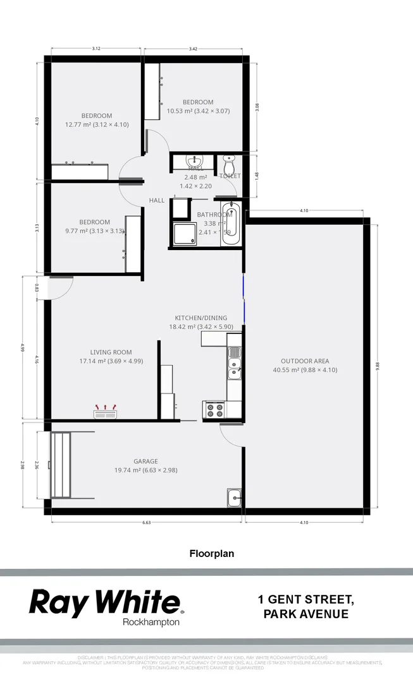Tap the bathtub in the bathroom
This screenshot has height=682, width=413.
230,224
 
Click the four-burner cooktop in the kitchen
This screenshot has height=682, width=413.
215,410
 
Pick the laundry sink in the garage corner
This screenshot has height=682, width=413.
234,498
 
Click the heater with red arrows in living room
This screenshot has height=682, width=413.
105,414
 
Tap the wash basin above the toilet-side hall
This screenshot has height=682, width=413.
194,162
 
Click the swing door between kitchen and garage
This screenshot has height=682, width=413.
231,434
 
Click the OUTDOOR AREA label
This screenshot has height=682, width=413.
305,361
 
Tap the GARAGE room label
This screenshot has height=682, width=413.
145,461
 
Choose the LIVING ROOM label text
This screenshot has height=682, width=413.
111,352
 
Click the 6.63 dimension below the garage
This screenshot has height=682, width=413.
146,522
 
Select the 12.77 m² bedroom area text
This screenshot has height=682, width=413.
97,124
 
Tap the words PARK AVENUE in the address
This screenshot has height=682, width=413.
305,614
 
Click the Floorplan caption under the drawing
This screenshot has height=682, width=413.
212,554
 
